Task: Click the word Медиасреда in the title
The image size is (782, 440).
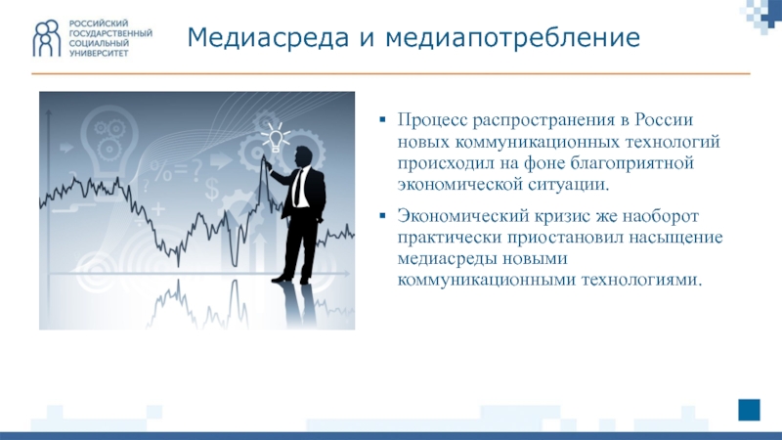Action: (x=268, y=37)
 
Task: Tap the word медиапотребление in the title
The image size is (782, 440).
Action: (x=512, y=38)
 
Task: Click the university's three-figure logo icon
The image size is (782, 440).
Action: (x=47, y=38)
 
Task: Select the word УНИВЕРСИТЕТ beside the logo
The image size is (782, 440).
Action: (x=99, y=53)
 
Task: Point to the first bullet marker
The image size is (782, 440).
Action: (x=382, y=119)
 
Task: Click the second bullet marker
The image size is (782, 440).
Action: (x=382, y=215)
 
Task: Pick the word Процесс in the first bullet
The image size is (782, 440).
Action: (x=432, y=120)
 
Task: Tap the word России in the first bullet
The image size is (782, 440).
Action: (x=664, y=120)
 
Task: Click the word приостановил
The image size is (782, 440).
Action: (x=566, y=238)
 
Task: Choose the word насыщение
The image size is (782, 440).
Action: (x=675, y=238)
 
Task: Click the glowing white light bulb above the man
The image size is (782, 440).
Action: (x=275, y=138)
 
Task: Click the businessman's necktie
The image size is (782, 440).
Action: (x=297, y=187)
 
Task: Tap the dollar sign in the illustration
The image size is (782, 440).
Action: (x=212, y=190)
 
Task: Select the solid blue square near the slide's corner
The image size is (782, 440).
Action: (x=749, y=410)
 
